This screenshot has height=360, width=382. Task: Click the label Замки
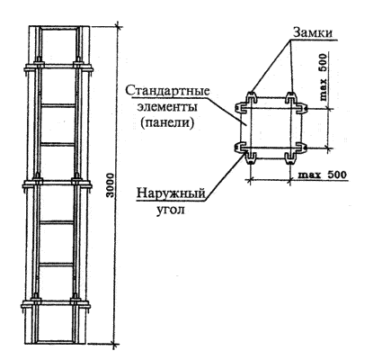coord(313,32)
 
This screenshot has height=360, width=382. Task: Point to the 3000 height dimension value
coord(111,184)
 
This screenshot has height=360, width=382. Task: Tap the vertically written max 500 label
coord(324,77)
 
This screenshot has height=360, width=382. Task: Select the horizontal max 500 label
coord(323,175)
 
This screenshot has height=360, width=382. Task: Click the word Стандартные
coord(167,91)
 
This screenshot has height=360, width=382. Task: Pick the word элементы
coord(167,107)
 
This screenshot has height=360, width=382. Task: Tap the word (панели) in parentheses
coord(167,123)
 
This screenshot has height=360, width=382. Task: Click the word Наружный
coord(171,193)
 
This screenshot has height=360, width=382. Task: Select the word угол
coord(171,210)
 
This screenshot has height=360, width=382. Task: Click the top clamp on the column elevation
coord(58,67)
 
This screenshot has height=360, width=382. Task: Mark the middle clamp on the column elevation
coord(57,184)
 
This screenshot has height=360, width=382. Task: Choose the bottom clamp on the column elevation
coord(56,304)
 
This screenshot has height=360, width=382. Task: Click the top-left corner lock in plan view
coord(244,103)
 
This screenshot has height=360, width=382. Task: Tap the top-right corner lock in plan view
coord(296,103)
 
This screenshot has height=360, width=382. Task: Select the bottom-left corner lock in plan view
coord(245,152)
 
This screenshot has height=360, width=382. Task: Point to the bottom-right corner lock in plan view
coord(296,152)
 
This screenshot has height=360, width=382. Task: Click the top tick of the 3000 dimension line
coord(118,27)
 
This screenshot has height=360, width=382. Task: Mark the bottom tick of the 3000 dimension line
coord(114,344)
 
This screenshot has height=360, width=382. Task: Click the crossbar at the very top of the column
coord(59,28)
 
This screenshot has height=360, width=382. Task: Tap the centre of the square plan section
coord(271,127)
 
